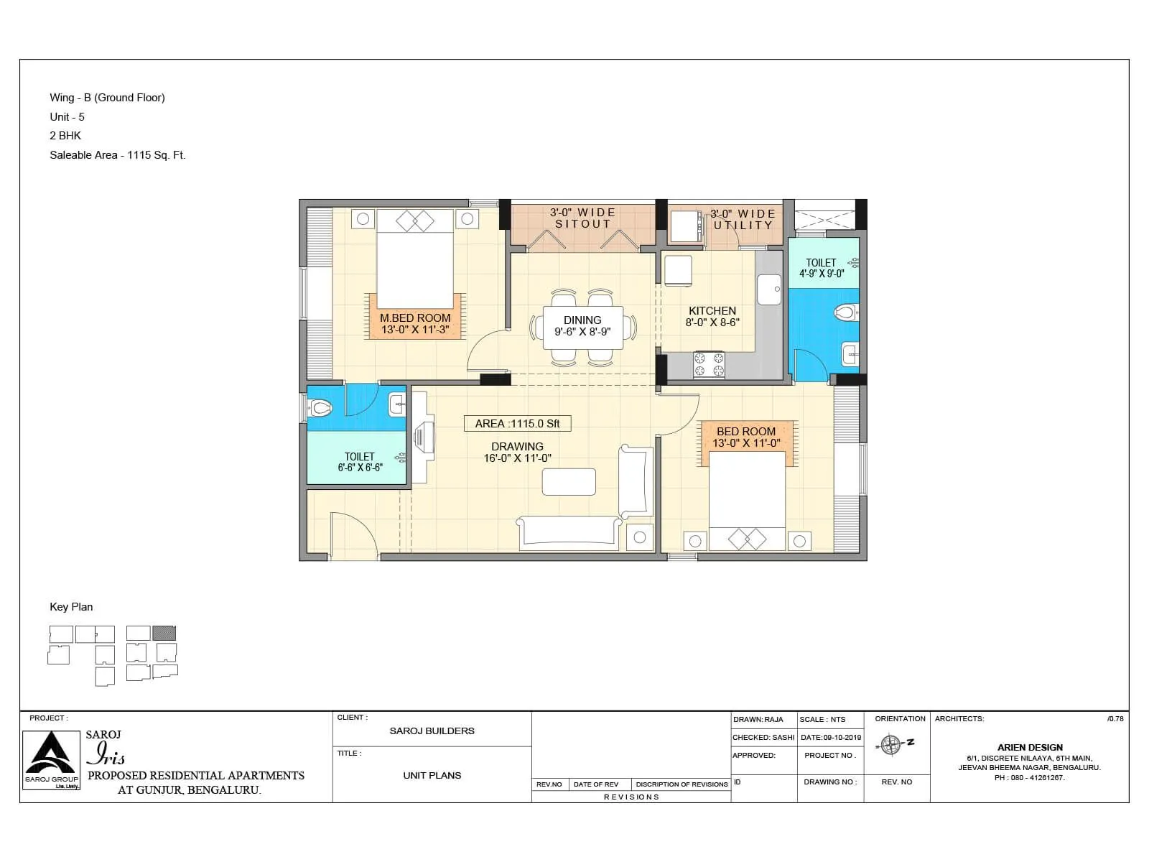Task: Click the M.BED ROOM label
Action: [x=415, y=318]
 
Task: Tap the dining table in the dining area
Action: [x=582, y=328]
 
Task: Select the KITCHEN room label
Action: [x=712, y=311]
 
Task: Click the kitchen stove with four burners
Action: [x=709, y=364]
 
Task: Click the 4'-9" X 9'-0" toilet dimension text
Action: [x=822, y=274]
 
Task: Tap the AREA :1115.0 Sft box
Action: [x=518, y=424]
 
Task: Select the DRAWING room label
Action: [x=517, y=447]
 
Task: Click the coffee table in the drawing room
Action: [x=569, y=481]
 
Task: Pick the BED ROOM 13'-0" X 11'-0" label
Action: [x=746, y=437]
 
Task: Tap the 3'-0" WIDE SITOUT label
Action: [x=582, y=218]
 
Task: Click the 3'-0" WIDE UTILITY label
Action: [x=743, y=219]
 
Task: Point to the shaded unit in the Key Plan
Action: [x=164, y=633]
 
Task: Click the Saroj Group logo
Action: [x=51, y=760]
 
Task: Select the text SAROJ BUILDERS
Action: [x=432, y=731]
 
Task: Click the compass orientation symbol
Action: [x=890, y=745]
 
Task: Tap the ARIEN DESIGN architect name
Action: [x=1029, y=748]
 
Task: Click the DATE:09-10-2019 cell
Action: [x=830, y=738]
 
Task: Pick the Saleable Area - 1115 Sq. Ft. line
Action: [x=117, y=155]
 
